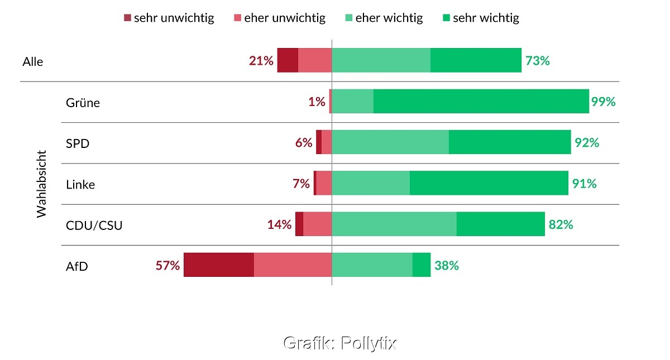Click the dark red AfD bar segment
219,265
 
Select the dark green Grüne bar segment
481,101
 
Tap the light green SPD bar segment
390,142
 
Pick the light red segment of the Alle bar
315,60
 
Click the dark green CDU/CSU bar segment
500,224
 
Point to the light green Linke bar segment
371,183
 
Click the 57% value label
167,265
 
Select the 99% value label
603,102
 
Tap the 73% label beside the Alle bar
537,61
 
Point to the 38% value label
446,265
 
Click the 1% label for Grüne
317,102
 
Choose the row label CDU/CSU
94,225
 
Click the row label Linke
80,184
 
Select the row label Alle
33,61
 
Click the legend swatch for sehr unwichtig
127,18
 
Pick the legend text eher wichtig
389,18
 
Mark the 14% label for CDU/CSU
279,224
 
